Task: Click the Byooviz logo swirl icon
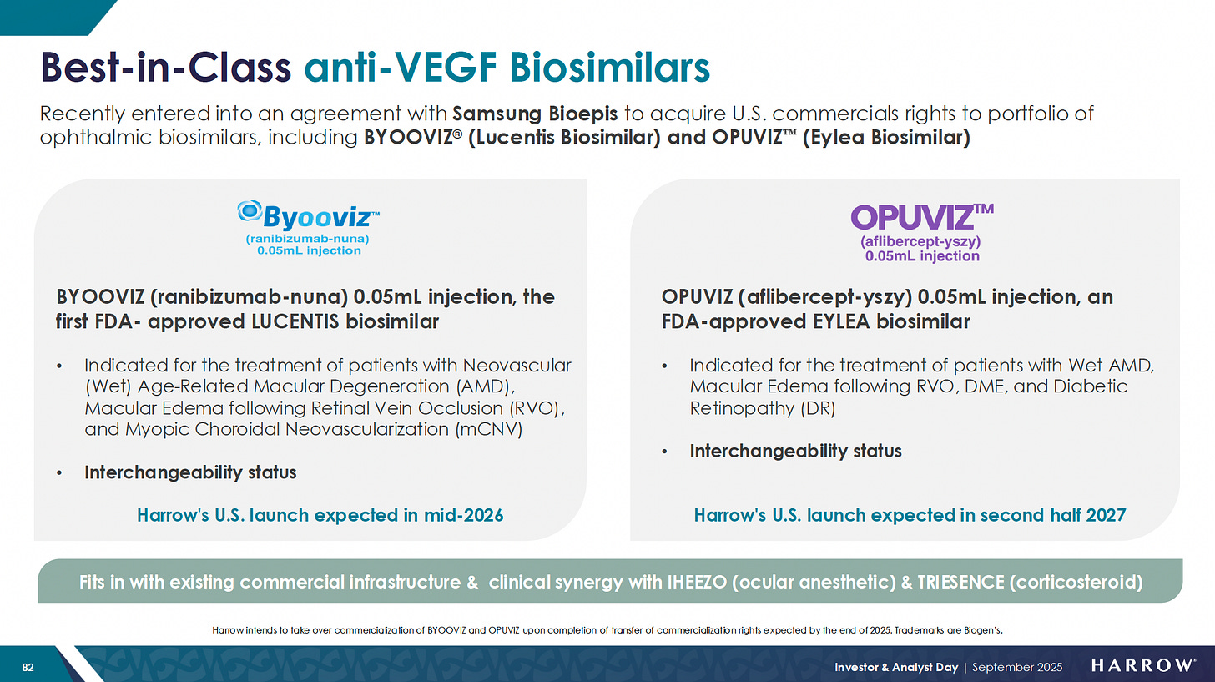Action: tap(250, 210)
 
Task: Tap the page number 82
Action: tap(28, 667)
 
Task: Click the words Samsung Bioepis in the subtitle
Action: tap(535, 114)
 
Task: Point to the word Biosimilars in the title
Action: tap(609, 68)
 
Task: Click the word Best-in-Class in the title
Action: tap(166, 68)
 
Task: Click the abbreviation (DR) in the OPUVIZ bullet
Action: tap(818, 408)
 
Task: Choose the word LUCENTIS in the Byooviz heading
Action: tap(295, 321)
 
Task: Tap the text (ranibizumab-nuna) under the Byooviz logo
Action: tap(308, 239)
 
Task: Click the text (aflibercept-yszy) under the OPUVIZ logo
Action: tap(920, 241)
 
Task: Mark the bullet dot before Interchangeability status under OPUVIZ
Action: tap(664, 452)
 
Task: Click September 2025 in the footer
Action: tap(1017, 667)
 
